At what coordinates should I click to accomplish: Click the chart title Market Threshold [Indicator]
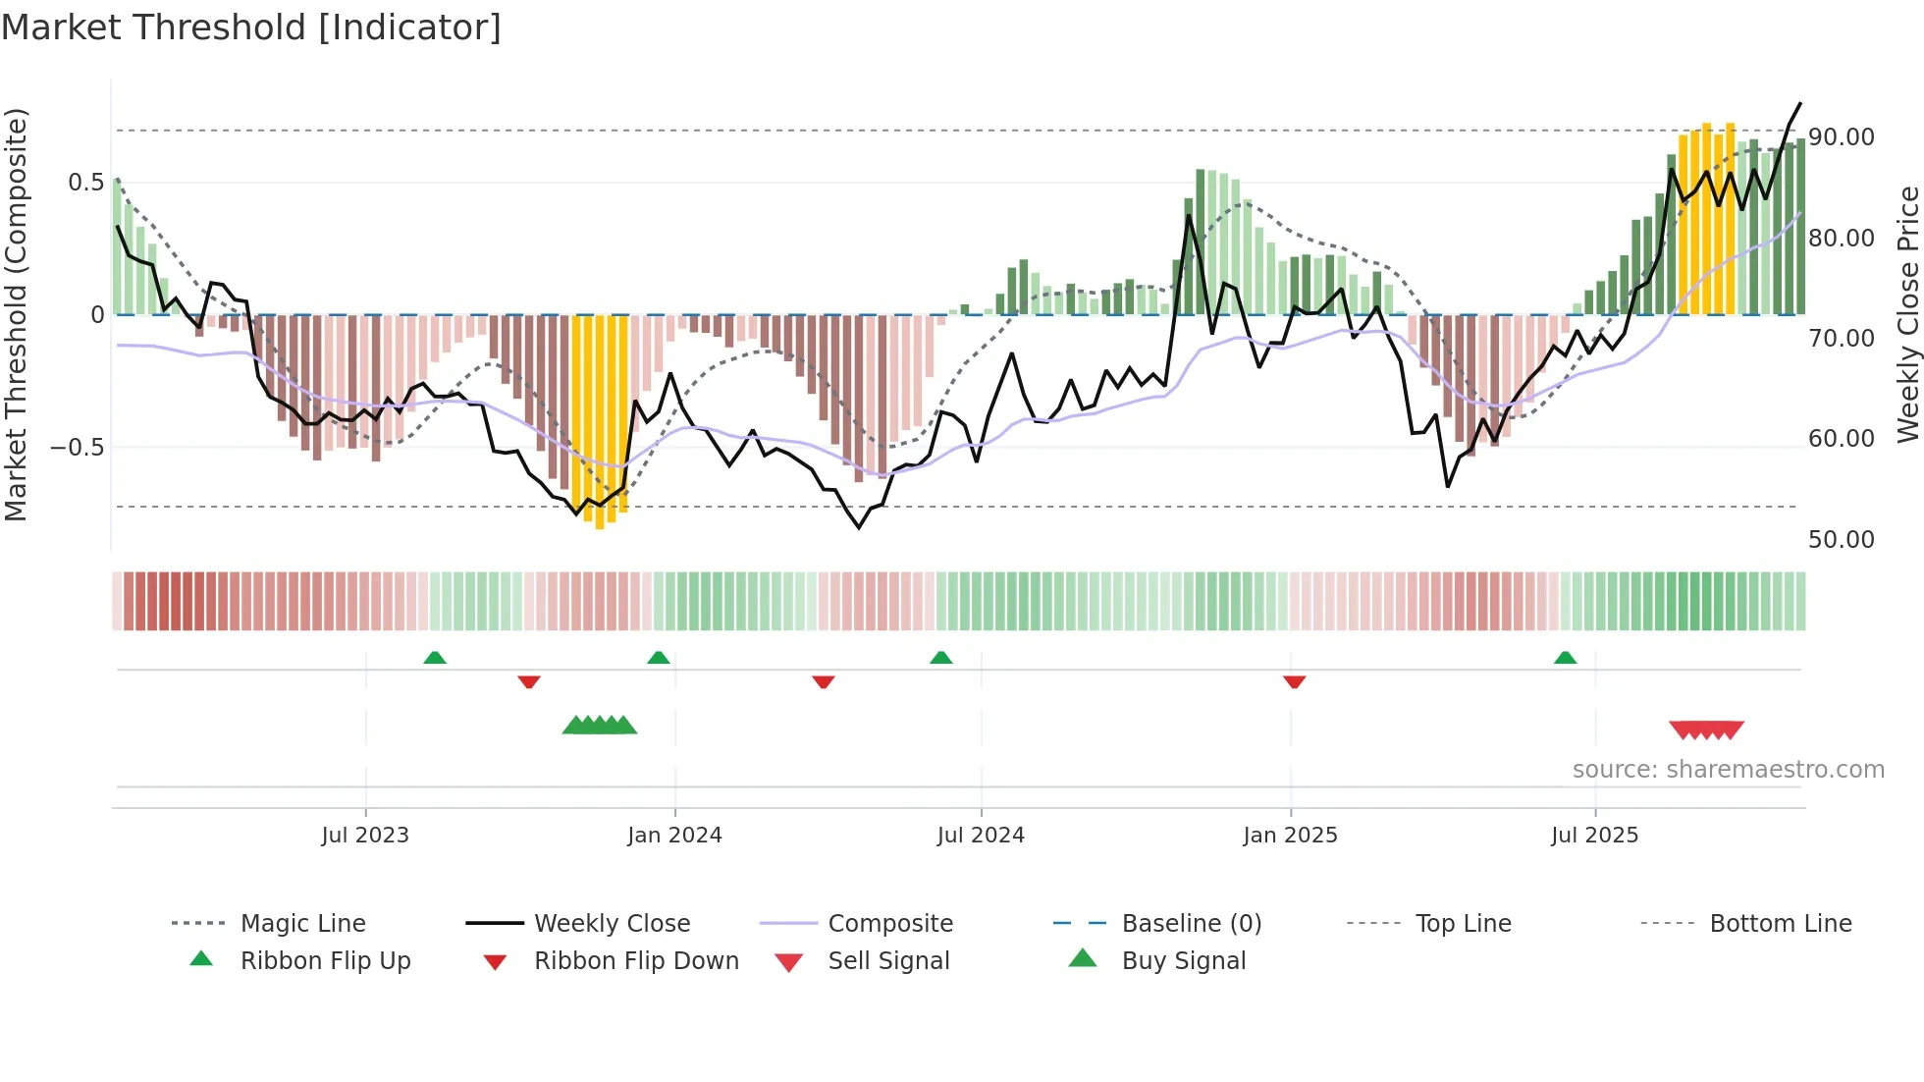click(x=251, y=27)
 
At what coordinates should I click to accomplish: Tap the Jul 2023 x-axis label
click(x=365, y=836)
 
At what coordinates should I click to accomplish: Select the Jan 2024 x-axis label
click(x=674, y=836)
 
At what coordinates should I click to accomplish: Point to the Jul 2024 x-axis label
click(x=981, y=836)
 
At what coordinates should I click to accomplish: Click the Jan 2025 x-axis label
click(x=1290, y=836)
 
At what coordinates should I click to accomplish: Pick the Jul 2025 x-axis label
click(x=1595, y=836)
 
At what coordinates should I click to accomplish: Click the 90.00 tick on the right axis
click(x=1842, y=137)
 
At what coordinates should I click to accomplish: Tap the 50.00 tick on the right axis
click(x=1842, y=539)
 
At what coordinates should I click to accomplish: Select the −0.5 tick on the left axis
click(x=77, y=448)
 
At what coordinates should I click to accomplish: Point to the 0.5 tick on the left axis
click(x=85, y=183)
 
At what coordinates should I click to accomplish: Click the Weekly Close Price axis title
click(x=1907, y=314)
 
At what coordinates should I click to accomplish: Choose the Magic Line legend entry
click(x=302, y=924)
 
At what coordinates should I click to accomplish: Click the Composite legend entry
click(x=889, y=924)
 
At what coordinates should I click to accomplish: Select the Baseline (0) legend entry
click(x=1191, y=924)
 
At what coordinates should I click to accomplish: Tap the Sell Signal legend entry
click(x=888, y=961)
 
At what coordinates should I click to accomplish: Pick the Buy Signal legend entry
click(x=1183, y=961)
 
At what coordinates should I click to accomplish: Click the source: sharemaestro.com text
click(x=1728, y=770)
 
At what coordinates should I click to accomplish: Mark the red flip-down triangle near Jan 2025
click(x=1295, y=681)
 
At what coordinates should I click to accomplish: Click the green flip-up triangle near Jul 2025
click(x=1565, y=658)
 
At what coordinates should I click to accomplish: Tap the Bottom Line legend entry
click(x=1780, y=924)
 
